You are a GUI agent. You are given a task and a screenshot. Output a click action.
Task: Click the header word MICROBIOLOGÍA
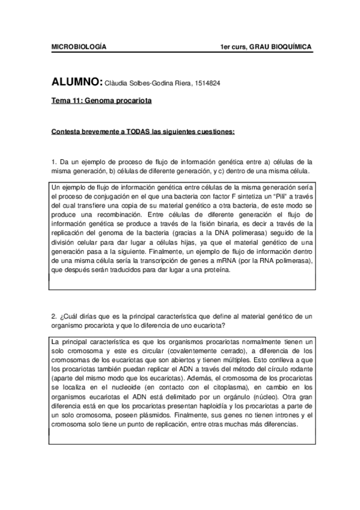[79, 46]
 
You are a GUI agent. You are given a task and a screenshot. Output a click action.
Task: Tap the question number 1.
[54, 162]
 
